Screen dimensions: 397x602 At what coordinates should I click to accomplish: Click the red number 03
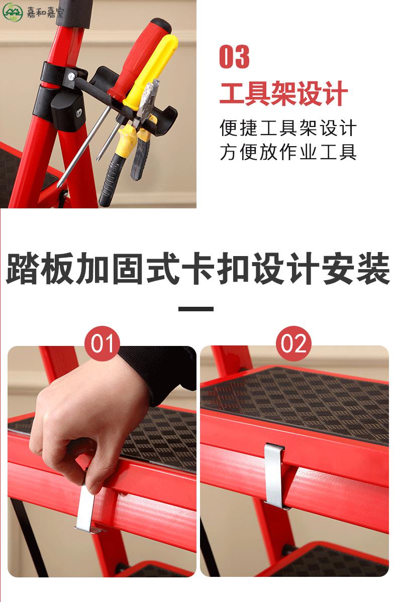pyautogui.click(x=234, y=57)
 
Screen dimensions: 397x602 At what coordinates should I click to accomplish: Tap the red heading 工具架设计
pyautogui.click(x=283, y=93)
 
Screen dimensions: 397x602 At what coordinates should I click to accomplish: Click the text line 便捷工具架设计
pyautogui.click(x=288, y=128)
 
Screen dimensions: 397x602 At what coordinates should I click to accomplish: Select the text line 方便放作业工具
pyautogui.click(x=288, y=152)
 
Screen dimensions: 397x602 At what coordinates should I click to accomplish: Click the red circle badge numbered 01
pyautogui.click(x=102, y=343)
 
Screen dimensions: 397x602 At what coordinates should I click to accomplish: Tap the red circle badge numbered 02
pyautogui.click(x=293, y=343)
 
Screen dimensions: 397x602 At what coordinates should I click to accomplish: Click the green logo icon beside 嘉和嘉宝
pyautogui.click(x=12, y=12)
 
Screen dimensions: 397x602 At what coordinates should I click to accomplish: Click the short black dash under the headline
pyautogui.click(x=195, y=309)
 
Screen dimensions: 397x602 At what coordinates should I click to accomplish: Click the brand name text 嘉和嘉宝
pyautogui.click(x=45, y=12)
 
